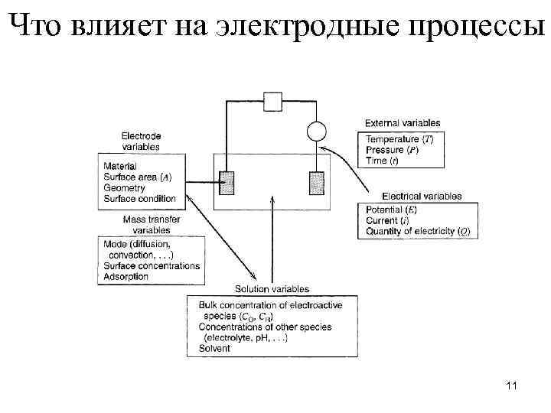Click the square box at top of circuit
point(273,101)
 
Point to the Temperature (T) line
point(399,139)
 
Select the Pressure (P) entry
point(392,150)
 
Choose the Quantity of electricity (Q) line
point(418,231)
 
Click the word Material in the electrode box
point(119,166)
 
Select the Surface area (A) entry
point(137,177)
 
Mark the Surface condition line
point(139,199)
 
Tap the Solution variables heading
point(271,289)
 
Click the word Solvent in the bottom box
point(214,348)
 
